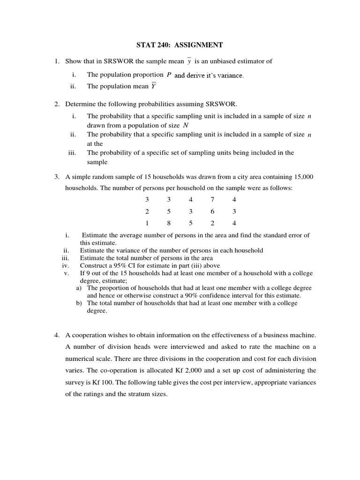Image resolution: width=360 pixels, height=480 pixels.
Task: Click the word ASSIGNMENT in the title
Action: (x=200, y=45)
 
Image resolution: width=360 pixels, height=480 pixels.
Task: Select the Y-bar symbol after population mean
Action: (x=153, y=86)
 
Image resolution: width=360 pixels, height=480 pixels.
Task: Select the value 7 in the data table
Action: (x=212, y=199)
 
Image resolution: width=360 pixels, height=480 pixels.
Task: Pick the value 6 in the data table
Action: (x=212, y=211)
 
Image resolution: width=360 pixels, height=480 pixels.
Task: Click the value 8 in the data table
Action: (x=169, y=223)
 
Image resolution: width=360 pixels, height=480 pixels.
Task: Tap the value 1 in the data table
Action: (x=147, y=223)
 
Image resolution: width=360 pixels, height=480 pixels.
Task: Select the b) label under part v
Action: (x=79, y=303)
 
